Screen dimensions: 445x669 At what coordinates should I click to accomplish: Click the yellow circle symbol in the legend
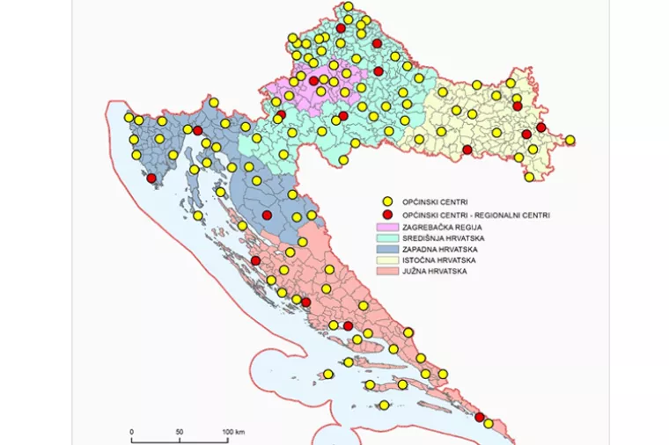point(386,201)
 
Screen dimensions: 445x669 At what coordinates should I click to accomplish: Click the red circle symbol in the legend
point(386,214)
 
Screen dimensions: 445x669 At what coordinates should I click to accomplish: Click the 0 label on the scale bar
point(131,432)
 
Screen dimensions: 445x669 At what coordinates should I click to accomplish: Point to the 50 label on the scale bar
point(180,432)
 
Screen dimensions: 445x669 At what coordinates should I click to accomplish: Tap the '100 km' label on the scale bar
point(232,432)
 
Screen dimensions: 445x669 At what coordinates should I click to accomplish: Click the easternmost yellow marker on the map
point(570,140)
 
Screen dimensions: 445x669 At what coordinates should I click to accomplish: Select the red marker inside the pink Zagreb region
point(313,81)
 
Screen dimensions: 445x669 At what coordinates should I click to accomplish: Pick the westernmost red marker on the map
point(151,179)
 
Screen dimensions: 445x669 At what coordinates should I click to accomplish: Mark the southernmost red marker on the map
point(480,417)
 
